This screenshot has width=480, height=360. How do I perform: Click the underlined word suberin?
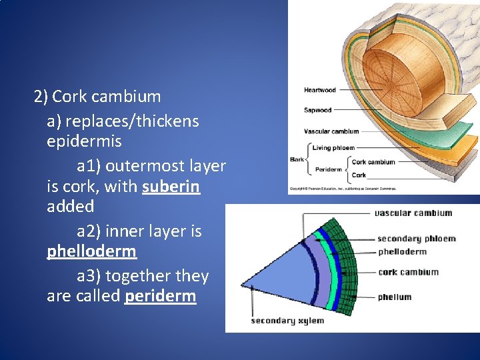coord(171,186)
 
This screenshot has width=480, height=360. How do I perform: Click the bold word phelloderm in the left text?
coord(91,251)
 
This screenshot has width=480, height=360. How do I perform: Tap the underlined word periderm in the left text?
coord(161,295)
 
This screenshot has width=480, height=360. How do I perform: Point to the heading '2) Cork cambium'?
coord(97,96)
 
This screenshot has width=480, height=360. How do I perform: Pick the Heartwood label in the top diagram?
coord(319,90)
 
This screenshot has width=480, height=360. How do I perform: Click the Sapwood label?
coord(317,110)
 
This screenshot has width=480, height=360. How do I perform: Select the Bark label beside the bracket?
coord(297,159)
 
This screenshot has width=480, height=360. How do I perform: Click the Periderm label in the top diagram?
coord(328,169)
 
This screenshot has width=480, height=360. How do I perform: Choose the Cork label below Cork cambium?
coord(359,175)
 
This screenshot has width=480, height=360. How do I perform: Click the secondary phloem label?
coord(416,239)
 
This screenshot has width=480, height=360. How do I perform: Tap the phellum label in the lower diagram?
coord(395,297)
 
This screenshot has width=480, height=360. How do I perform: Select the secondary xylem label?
coord(287,321)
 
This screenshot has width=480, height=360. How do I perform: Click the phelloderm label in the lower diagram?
coord(402,252)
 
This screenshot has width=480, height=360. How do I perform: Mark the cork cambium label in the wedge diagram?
coord(408,272)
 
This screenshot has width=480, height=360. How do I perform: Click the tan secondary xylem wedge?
coord(280,280)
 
